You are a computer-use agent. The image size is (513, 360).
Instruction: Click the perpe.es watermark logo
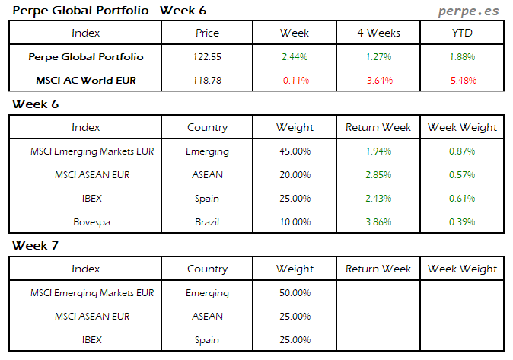pyautogui.click(x=469, y=11)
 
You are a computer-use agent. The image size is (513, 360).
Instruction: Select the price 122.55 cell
pyautogui.click(x=207, y=57)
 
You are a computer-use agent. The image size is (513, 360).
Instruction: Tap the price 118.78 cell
pyautogui.click(x=207, y=80)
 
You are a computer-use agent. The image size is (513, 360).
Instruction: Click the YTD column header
pyautogui.click(x=462, y=33)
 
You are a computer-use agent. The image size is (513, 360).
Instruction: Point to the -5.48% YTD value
pyautogui.click(x=462, y=80)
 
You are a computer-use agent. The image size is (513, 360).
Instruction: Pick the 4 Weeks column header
pyautogui.click(x=378, y=33)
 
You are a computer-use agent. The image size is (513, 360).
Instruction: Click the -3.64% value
pyautogui.click(x=378, y=80)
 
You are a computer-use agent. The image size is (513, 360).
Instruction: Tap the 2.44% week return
pyautogui.click(x=295, y=57)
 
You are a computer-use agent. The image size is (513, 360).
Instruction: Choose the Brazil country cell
pyautogui.click(x=207, y=221)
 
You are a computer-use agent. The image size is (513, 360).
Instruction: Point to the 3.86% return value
pyautogui.click(x=378, y=221)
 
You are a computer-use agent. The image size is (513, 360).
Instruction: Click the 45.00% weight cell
pyautogui.click(x=295, y=151)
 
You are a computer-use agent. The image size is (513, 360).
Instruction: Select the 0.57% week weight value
pyautogui.click(x=462, y=175)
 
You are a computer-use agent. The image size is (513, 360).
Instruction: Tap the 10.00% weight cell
pyautogui.click(x=295, y=221)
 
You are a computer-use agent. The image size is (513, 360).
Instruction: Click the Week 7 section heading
pyautogui.click(x=36, y=246)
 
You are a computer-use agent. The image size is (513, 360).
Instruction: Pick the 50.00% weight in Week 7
pyautogui.click(x=295, y=293)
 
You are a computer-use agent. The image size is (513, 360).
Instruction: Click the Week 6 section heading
pyautogui.click(x=36, y=104)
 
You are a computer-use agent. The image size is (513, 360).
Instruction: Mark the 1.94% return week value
pyautogui.click(x=378, y=151)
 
